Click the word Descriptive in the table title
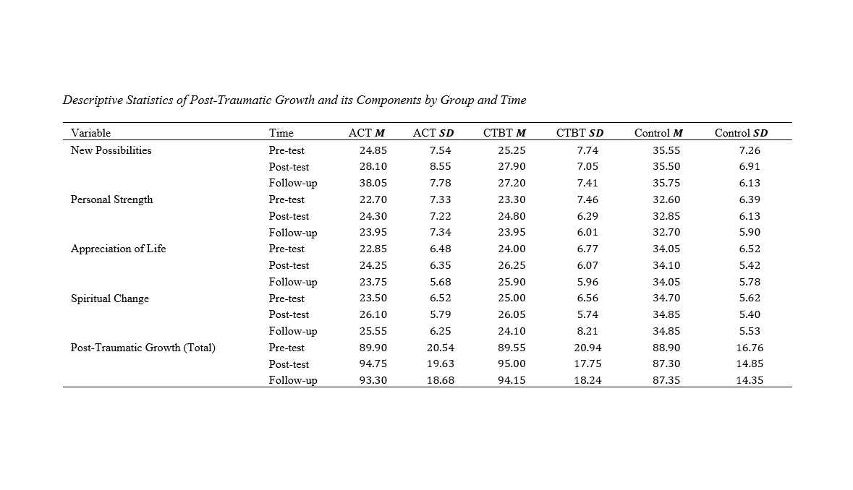point(93,100)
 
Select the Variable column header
point(91,133)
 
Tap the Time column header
point(281,133)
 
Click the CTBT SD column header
point(580,133)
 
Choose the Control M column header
point(658,133)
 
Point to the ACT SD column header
point(433,133)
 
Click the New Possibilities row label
point(111,150)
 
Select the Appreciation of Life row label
point(118,249)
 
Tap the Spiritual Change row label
point(109,298)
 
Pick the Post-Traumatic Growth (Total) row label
point(143,348)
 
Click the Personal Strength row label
point(111,200)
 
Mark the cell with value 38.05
point(373,183)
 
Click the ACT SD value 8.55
point(440,167)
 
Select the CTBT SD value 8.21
point(587,331)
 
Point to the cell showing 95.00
point(512,364)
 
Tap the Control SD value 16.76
point(750,348)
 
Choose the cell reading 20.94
point(587,348)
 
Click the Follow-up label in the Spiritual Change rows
point(293,332)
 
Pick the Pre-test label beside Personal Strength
point(287,200)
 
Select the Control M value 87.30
point(666,364)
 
